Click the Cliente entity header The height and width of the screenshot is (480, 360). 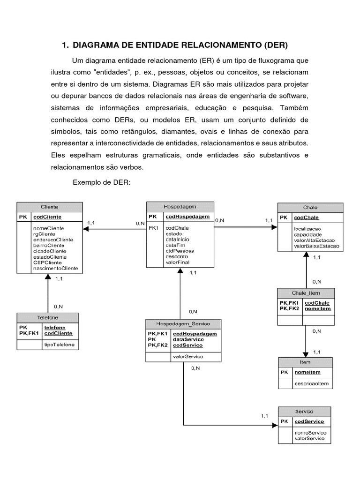point(50,207)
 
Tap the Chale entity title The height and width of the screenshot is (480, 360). point(310,208)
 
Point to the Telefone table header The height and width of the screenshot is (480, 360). point(47,317)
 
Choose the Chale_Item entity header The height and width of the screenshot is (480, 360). point(306,293)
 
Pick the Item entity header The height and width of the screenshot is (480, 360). point(305,362)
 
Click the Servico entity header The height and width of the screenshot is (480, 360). point(304,411)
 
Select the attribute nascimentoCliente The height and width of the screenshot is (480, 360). point(55,269)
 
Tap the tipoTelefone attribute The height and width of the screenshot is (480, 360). point(59,345)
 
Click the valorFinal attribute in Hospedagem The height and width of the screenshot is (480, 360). point(177,262)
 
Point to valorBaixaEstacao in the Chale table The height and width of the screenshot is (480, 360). point(316,246)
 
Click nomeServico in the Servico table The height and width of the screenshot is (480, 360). point(311,433)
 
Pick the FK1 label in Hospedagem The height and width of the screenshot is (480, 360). point(154,228)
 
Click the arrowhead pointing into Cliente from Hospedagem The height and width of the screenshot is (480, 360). point(86,229)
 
